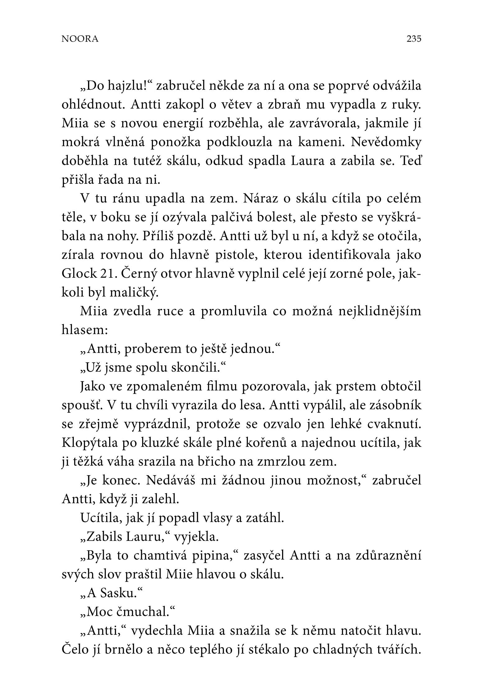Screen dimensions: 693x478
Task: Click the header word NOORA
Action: click(x=80, y=39)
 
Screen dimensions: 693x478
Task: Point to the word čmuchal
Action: click(x=143, y=612)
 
